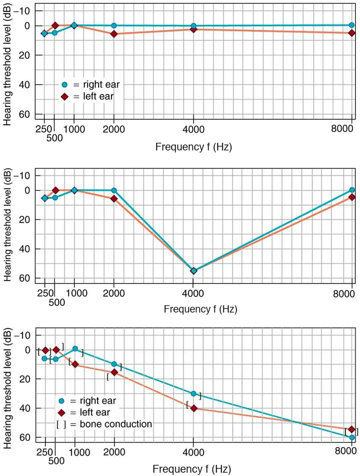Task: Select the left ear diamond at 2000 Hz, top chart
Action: click(x=114, y=34)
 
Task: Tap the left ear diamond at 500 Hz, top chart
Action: click(x=55, y=26)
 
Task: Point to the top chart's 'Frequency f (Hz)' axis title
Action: click(x=194, y=146)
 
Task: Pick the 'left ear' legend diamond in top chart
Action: click(x=64, y=97)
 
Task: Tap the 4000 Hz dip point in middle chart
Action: click(x=193, y=271)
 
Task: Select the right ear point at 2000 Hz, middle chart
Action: click(x=114, y=190)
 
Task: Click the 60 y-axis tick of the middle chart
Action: click(x=25, y=278)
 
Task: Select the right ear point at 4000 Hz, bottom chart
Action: click(x=193, y=393)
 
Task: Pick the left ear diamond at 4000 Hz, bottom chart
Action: click(x=194, y=408)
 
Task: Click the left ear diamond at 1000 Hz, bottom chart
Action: click(x=75, y=364)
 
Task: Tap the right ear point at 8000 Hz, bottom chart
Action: click(x=352, y=438)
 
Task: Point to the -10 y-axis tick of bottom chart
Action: click(x=24, y=335)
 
